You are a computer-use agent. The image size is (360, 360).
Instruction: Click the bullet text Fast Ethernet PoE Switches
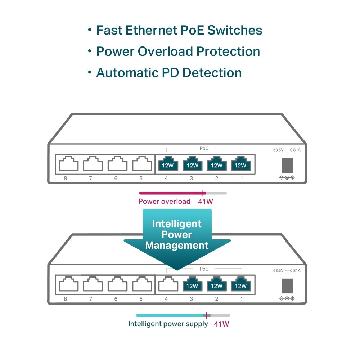click(x=179, y=30)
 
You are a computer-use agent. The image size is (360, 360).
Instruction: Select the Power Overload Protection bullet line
click(x=178, y=51)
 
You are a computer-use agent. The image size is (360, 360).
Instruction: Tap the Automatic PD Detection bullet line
click(x=168, y=73)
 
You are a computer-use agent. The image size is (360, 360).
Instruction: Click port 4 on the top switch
click(x=168, y=164)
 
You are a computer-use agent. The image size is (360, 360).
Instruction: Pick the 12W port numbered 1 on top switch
click(x=240, y=164)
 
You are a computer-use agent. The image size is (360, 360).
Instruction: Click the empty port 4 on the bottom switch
click(x=168, y=285)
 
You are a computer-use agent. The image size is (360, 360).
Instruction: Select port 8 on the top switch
click(x=68, y=164)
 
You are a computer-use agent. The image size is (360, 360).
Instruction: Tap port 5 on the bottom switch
click(x=142, y=285)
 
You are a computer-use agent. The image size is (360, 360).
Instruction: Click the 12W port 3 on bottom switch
click(x=192, y=285)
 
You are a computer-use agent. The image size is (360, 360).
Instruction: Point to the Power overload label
click(x=164, y=201)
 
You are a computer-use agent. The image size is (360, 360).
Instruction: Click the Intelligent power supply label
click(x=168, y=324)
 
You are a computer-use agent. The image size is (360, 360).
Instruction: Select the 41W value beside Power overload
click(x=205, y=202)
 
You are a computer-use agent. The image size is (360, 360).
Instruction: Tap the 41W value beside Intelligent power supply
click(x=221, y=324)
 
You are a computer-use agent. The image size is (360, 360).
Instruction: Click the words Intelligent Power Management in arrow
click(x=177, y=235)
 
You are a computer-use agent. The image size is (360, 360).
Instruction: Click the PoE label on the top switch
click(x=204, y=148)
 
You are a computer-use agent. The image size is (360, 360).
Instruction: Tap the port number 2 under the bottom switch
click(x=216, y=299)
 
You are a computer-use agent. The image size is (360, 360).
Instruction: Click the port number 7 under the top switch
click(x=90, y=178)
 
